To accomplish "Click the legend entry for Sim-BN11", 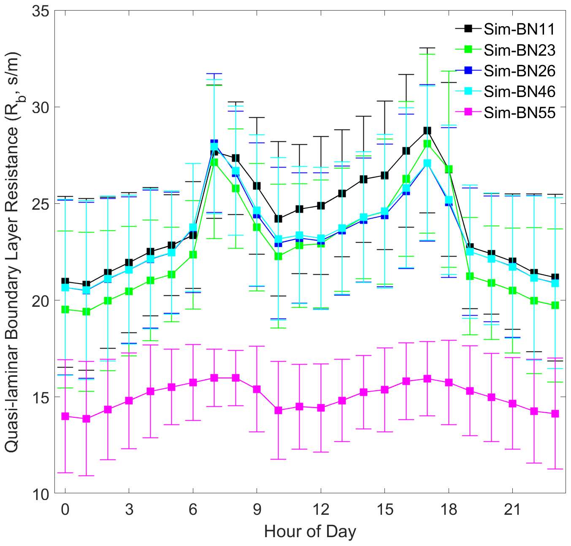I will click(519, 29).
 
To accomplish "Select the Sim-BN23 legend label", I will click(519, 50).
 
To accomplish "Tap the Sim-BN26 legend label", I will click(519, 71).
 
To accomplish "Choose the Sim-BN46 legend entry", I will click(519, 92).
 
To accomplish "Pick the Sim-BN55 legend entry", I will click(519, 113).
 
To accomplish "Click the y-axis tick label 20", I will click(41, 300).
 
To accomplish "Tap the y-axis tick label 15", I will click(41, 397).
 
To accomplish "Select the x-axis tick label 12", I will click(321, 510).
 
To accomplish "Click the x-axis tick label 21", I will click(512, 510).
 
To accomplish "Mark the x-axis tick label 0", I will click(65, 510).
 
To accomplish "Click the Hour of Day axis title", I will click(310, 532).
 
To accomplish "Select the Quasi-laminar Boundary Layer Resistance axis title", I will click(13, 252).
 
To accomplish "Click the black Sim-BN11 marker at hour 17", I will click(427, 130).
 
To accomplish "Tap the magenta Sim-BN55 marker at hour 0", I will click(65, 416).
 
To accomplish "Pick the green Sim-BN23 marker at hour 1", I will click(87, 311).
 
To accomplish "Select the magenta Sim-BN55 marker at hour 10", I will click(278, 410).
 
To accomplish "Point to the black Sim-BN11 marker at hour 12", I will click(321, 205).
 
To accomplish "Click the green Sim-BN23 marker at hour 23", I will click(555, 305).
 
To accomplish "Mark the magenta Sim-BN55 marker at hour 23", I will click(555, 414).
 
